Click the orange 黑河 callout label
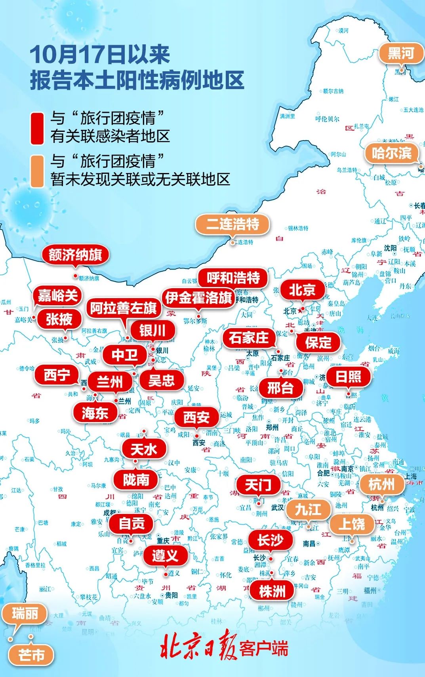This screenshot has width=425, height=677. point(401,53)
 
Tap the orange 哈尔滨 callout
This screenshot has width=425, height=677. point(391,153)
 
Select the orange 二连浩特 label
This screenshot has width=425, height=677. point(233,224)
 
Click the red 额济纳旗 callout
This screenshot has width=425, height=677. point(75,255)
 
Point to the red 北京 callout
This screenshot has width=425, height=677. point(302,290)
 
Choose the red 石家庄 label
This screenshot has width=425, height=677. point(248,338)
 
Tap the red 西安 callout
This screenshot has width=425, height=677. point(196,417)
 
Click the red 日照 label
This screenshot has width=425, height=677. point(349,376)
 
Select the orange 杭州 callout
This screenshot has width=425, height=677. point(381,484)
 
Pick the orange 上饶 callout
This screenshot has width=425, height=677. point(352,524)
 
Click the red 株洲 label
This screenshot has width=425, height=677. point(272,591)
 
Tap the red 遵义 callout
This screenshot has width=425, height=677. point(165,555)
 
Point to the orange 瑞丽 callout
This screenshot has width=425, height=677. point(25,614)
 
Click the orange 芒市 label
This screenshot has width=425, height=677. point(31,655)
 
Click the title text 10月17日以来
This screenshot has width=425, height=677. point(100,54)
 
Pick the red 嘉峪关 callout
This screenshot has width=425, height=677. point(58,295)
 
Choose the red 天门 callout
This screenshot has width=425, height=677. point(258,485)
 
